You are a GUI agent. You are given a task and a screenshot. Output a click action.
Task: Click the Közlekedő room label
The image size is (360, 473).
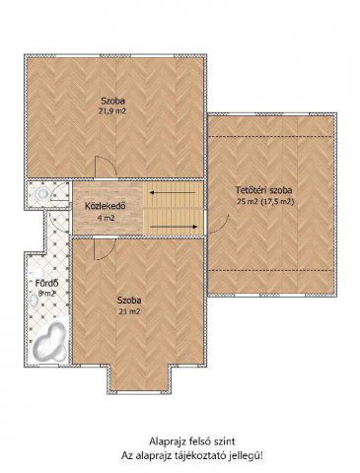pos(106,206)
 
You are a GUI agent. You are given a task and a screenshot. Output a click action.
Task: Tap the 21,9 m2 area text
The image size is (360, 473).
pos(112,111)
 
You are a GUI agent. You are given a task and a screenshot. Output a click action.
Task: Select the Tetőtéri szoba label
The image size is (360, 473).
pos(263,190)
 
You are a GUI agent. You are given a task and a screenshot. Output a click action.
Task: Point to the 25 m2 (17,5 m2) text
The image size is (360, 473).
pos(264,202)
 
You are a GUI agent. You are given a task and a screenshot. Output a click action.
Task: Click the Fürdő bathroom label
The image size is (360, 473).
pos(47,283)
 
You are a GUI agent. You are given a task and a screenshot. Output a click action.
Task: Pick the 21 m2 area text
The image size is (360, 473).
pos(129,311)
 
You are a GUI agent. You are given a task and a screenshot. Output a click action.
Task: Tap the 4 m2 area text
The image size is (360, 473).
pos(106,218)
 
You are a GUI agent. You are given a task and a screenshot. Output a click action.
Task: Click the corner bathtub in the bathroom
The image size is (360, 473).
pos(49,342)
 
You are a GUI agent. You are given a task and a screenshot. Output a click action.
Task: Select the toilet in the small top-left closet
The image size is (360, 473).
pos(41,193)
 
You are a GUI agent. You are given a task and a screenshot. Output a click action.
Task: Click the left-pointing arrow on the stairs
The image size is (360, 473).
pos(173,193)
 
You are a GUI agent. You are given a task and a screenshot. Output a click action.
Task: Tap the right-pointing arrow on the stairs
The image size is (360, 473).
pos(174,227)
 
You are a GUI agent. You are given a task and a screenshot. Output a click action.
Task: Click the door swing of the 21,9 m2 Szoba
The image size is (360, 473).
pos(106,167)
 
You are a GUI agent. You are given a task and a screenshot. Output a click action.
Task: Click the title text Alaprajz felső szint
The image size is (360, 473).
pos(192,441)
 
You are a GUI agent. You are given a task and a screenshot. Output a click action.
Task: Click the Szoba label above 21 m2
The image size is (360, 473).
pos(129,301)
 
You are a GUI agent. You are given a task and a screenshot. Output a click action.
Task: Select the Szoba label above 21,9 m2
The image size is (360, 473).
pos(112,101)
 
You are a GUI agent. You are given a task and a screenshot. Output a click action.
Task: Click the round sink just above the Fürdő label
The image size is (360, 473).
pos(36,273)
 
